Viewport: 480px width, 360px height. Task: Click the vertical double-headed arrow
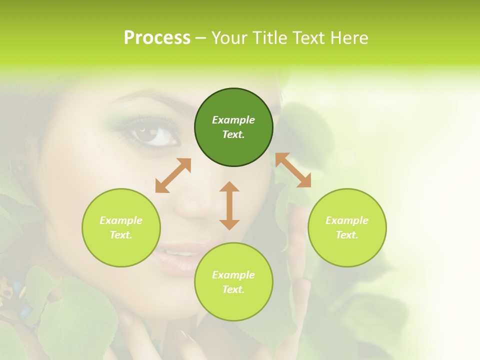click(229, 205)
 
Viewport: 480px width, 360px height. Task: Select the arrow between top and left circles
click(173, 175)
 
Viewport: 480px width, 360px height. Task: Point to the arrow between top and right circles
click(293, 170)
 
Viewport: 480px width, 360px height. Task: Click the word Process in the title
click(157, 38)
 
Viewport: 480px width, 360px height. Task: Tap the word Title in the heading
click(269, 38)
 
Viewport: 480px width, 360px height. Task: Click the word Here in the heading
click(349, 38)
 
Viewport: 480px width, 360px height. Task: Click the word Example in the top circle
click(233, 120)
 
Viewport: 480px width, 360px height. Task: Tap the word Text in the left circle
click(121, 235)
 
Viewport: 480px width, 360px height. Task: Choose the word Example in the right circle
click(347, 220)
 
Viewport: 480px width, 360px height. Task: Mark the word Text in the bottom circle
click(233, 289)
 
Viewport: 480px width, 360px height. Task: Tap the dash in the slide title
click(200, 38)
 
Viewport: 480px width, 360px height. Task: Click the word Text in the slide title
click(309, 38)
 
